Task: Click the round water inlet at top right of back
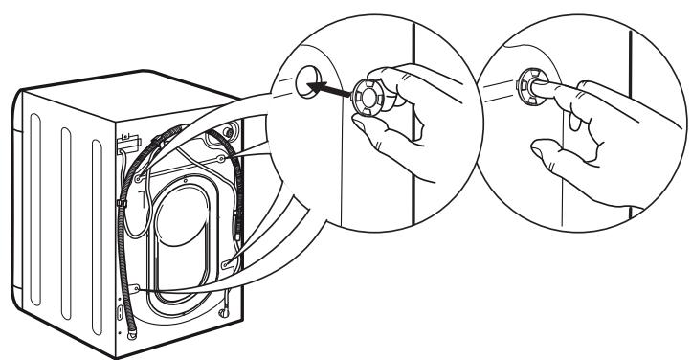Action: [x=228, y=130]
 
